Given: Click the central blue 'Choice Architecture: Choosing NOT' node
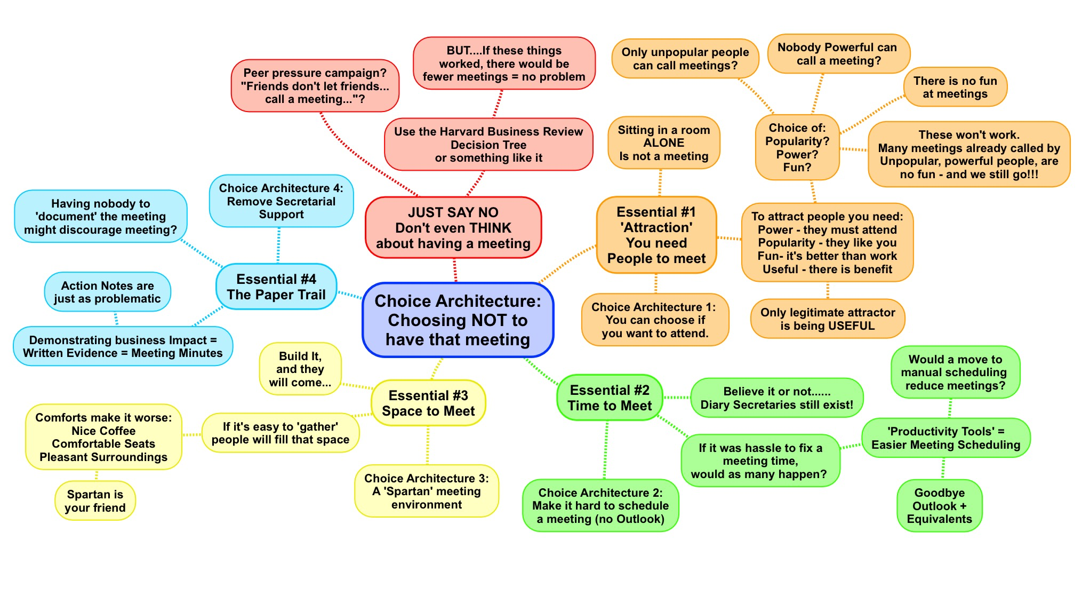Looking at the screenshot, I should coord(458,320).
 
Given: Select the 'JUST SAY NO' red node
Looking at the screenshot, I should coord(453,228).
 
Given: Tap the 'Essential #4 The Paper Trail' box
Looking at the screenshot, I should coord(276,287).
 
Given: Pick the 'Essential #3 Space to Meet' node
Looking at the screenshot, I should coord(428,403).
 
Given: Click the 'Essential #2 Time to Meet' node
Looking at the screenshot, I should coord(610,398).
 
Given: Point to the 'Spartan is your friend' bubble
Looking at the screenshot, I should coord(95,501).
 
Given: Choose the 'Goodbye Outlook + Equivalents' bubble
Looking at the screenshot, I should coord(939,506).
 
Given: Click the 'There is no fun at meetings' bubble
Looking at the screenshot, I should coord(955,88).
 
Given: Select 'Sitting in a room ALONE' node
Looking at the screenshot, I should coord(663,143).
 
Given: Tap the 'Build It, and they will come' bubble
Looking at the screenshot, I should coord(300,369).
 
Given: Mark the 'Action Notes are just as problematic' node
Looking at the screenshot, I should coord(107,292).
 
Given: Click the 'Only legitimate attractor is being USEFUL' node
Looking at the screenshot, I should coord(828,319).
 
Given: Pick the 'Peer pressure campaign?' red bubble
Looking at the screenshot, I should coord(315,86).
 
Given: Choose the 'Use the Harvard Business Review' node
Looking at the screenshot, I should coord(488,145).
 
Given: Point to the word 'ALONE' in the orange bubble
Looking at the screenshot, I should coord(663,143).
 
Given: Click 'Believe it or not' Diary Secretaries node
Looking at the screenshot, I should coord(776,398).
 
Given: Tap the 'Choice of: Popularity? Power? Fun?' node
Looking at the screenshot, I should coord(797,148).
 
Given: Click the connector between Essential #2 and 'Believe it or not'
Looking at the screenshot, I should coord(677,398).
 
